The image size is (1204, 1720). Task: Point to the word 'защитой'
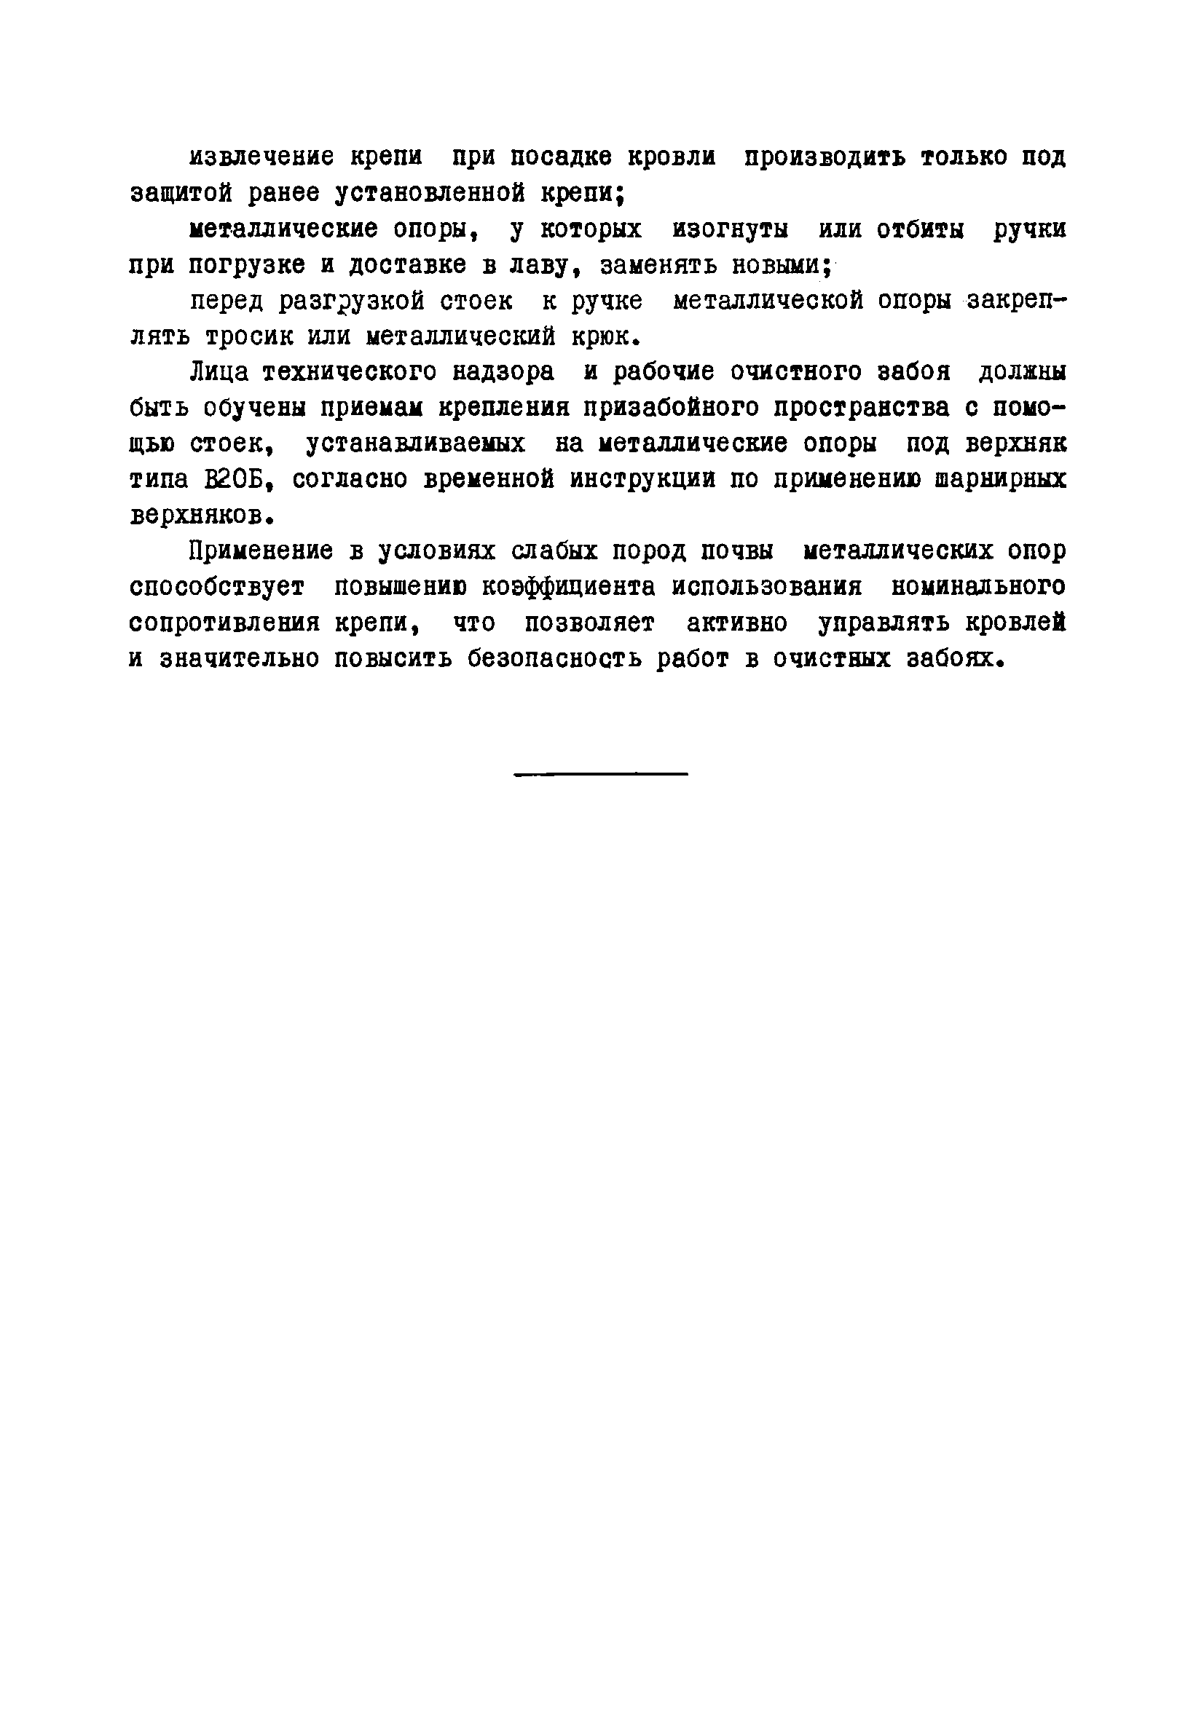click(x=181, y=194)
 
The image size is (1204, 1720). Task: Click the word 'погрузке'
click(x=246, y=265)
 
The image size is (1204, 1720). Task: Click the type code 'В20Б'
click(x=233, y=480)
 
